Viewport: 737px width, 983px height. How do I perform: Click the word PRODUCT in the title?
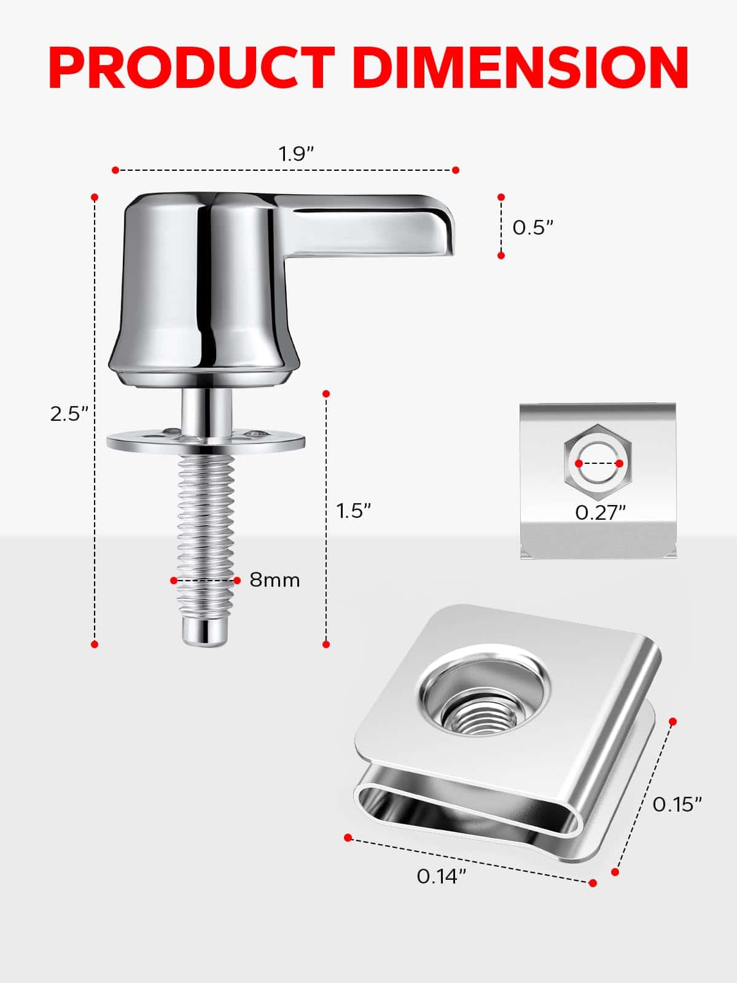192,68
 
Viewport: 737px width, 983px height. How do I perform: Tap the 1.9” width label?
297,154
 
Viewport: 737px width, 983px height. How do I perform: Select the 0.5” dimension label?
533,227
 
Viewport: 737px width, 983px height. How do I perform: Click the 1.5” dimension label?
354,511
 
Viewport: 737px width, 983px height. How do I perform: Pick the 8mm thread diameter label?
275,581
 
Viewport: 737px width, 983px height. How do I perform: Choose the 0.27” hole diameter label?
600,513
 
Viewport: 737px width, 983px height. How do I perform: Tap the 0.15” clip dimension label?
677,805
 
